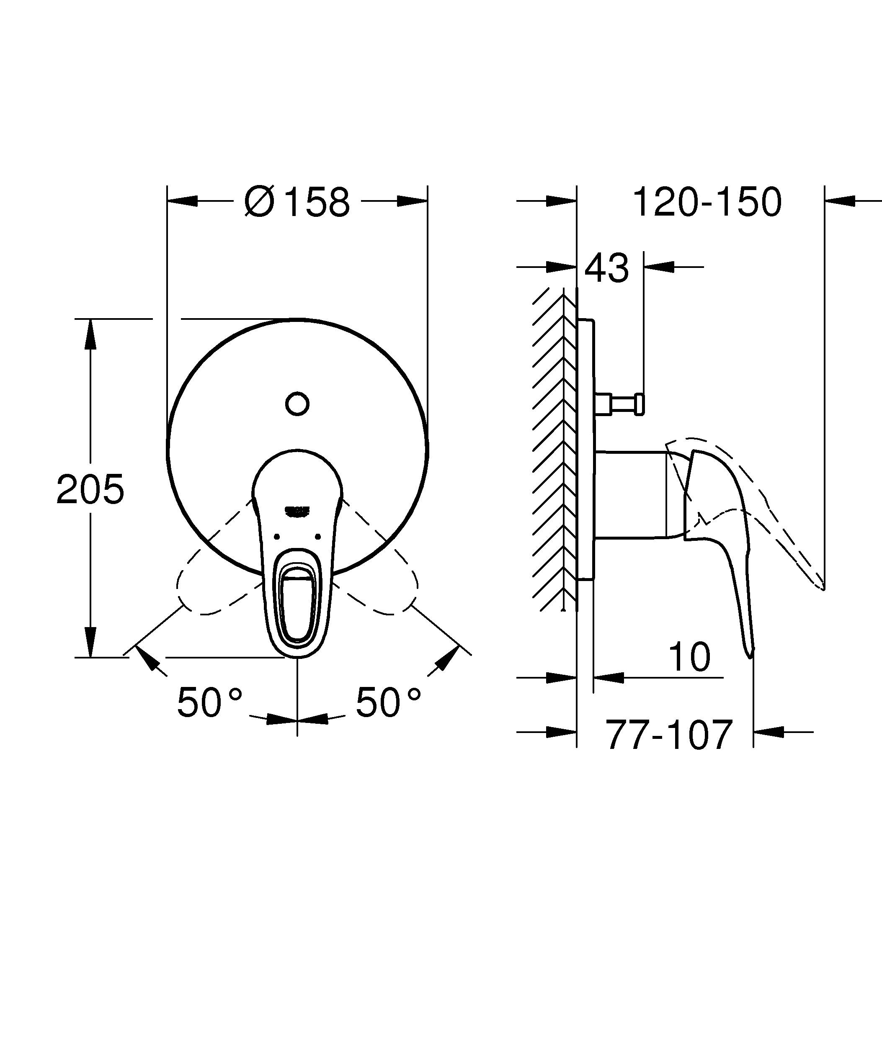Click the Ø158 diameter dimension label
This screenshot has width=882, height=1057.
coord(297,202)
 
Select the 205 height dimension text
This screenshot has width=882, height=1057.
coord(90,490)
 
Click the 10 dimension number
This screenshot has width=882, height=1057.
coord(689,657)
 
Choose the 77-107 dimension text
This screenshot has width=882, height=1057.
coord(668,735)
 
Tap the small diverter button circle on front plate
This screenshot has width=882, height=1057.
coord(297,403)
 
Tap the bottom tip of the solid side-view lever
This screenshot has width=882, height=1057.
coord(750,654)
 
